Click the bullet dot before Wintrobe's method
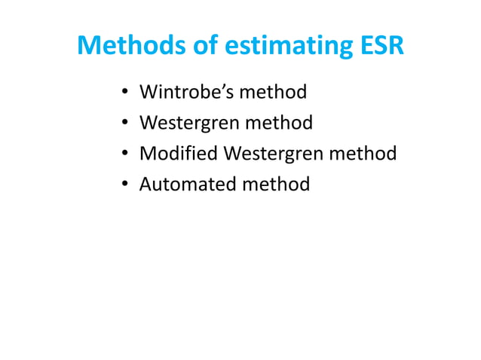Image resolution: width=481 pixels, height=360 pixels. pyautogui.click(x=124, y=94)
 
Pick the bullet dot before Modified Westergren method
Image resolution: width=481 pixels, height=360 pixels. pyautogui.click(x=124, y=154)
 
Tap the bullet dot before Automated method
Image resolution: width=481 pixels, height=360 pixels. pyautogui.click(x=124, y=185)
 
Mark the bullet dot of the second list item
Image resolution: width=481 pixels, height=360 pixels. pyautogui.click(x=124, y=124)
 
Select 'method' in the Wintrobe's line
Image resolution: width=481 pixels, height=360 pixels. pyautogui.click(x=273, y=93)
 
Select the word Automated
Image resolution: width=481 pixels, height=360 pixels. pyautogui.click(x=185, y=184)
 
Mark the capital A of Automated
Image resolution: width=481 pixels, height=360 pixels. pyautogui.click(x=146, y=184)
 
